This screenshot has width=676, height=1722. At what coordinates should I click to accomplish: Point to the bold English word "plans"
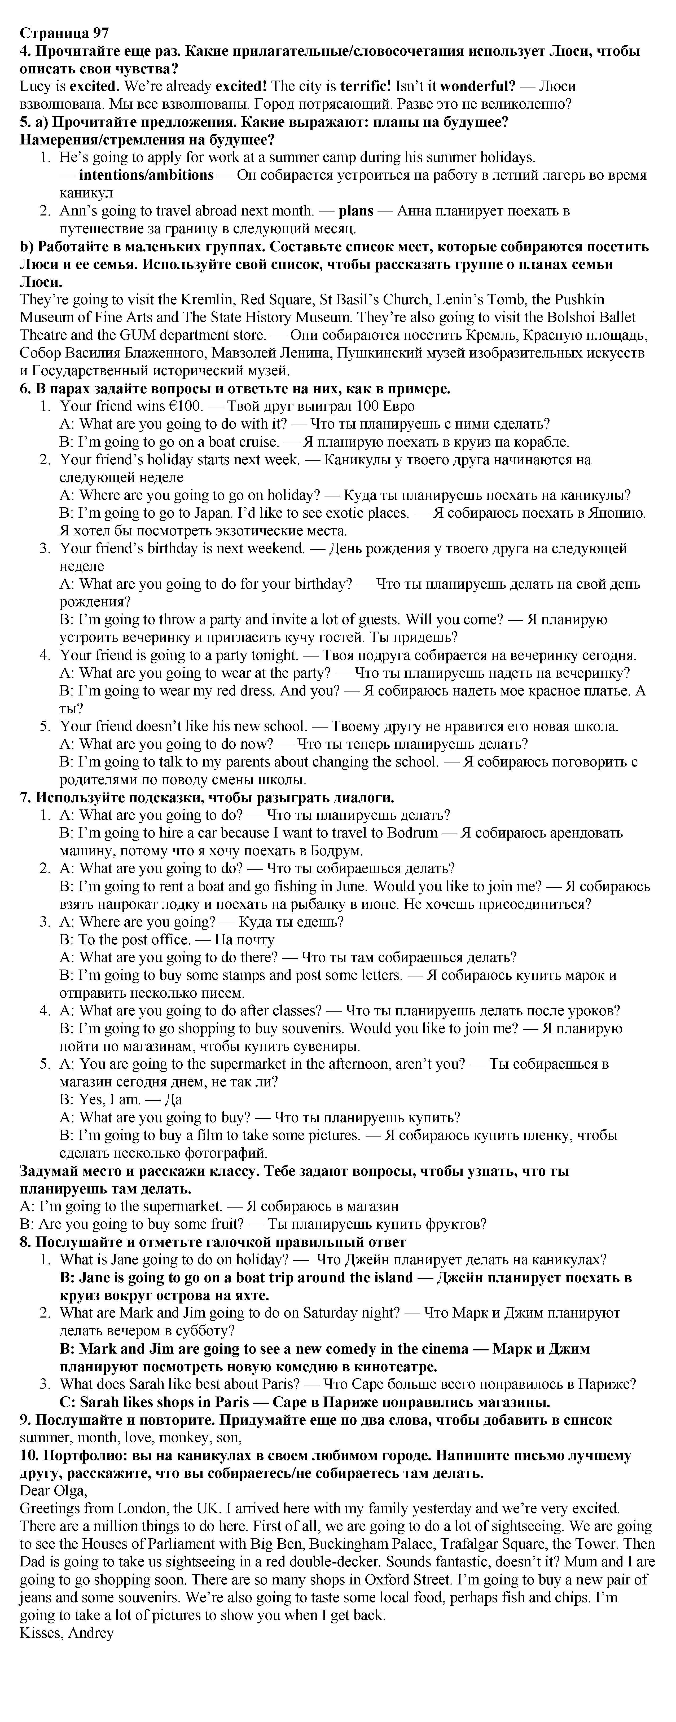[356, 210]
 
